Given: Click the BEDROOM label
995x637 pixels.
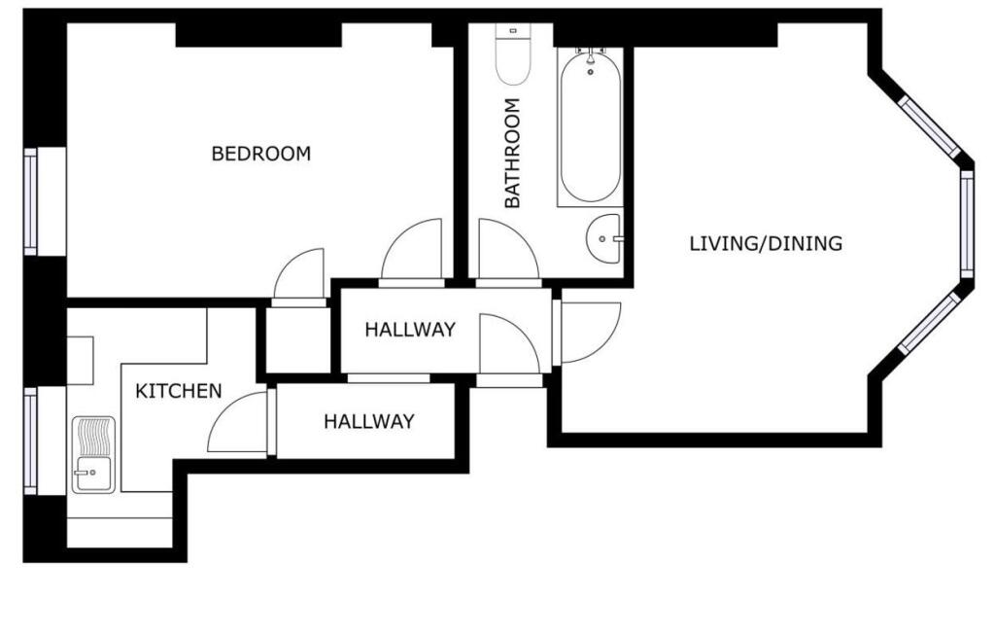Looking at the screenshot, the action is click(x=260, y=154).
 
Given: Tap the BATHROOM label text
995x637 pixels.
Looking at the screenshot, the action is click(x=512, y=153).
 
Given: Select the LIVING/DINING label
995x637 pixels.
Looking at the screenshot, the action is click(x=766, y=243).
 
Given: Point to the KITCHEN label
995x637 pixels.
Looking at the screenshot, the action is click(x=179, y=391).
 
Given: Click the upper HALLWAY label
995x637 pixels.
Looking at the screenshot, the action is click(x=410, y=330).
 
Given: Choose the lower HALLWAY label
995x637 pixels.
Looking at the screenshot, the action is click(x=368, y=421).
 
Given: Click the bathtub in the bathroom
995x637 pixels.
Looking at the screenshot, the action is click(x=590, y=127).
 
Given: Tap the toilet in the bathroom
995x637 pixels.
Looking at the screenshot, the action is click(x=513, y=54).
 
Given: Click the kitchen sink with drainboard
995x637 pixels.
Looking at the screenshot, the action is click(x=93, y=455).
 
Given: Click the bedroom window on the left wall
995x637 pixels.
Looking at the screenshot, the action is click(x=30, y=201).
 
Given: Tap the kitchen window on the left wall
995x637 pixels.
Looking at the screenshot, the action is click(x=30, y=441).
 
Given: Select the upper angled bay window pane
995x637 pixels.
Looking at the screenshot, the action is click(x=931, y=126).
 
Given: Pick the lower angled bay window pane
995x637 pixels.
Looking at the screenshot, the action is click(x=931, y=323).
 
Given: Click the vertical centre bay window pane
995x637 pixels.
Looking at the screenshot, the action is click(x=967, y=225).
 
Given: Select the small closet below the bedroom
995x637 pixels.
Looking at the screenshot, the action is click(x=297, y=340).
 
